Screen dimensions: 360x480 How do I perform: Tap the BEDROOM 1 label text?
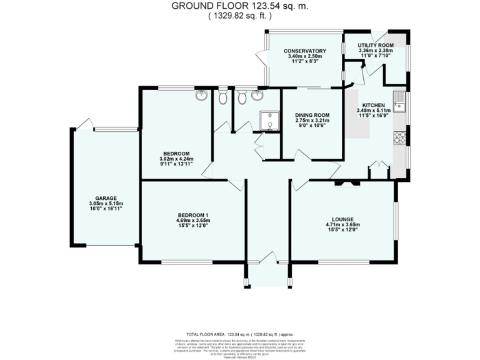tap(192, 216)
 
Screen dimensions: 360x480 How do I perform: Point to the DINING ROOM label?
tap(312, 116)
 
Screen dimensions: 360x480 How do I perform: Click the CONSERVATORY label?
tap(305, 51)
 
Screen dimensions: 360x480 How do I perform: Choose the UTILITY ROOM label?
tap(375, 46)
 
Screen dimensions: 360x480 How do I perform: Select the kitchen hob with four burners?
tap(399, 137)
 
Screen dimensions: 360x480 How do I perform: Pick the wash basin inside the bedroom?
tap(202, 96)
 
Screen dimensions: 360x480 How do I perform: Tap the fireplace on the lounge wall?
tap(346, 183)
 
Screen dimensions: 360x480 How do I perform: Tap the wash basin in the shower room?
tap(257, 96)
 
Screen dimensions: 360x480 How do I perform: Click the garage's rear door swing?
tap(86, 123)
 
